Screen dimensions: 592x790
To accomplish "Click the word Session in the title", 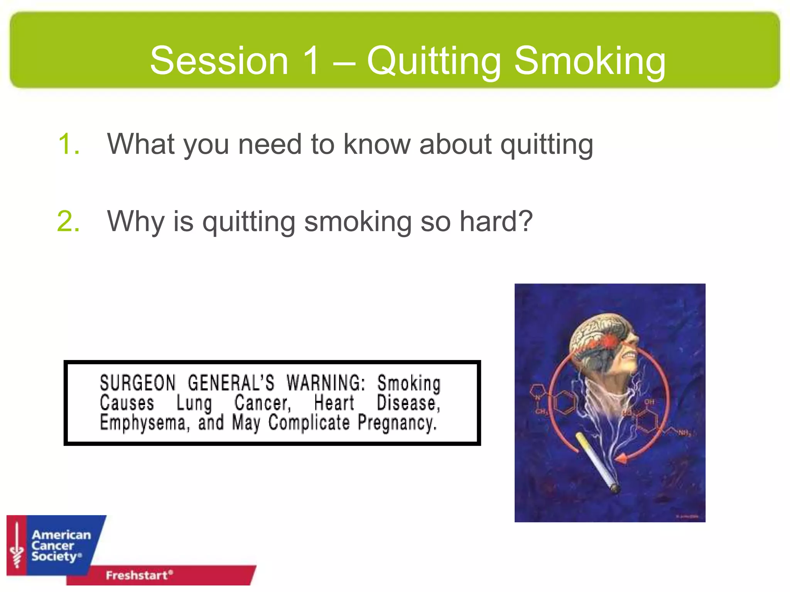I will tap(219, 61).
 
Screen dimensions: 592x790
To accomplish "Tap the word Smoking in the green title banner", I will tap(590, 61).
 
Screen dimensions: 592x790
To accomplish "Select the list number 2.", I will tap(69, 222).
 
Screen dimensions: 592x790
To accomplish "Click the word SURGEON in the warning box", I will tap(138, 383).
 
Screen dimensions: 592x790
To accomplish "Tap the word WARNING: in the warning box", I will tap(326, 383).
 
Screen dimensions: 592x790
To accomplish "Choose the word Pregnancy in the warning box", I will tap(397, 423).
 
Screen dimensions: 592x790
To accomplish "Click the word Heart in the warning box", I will tap(334, 403).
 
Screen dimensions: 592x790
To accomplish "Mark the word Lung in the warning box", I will tap(194, 404).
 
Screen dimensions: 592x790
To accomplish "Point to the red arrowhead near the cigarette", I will tap(621, 458).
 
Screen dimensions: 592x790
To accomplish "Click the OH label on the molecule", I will tap(649, 402).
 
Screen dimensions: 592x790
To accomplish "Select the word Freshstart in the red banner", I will tap(137, 575).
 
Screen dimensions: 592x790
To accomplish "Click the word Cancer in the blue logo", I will tap(52, 546).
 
